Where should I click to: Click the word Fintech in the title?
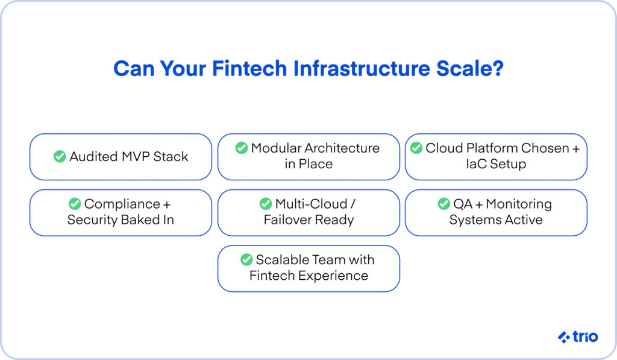pos(249,69)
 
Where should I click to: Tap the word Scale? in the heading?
pos(470,69)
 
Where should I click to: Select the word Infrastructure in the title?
pos(362,69)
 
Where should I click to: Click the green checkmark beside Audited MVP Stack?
pos(60,156)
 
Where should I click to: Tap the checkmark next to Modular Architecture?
pos(242,148)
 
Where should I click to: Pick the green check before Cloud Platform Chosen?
pos(416,148)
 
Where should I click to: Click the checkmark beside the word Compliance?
pos(75,204)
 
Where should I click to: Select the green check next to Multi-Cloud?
pos(266,204)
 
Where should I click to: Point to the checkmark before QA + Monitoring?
pos(444,204)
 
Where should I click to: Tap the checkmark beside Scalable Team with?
pos(246,259)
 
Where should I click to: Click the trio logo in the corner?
pos(578,336)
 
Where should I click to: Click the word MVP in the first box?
pos(136,156)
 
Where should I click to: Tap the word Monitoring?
pos(519,204)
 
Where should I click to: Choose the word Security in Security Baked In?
pos(92,219)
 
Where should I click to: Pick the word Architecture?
pos(342,148)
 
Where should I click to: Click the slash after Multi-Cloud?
pos(353,204)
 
